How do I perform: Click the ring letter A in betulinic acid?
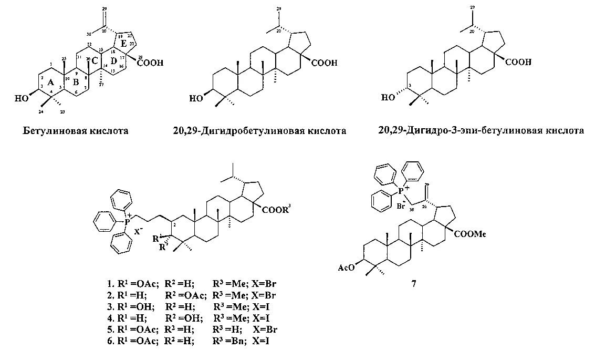50,83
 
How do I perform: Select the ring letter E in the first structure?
123,44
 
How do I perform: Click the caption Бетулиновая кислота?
76,130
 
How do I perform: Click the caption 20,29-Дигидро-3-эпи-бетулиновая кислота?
481,130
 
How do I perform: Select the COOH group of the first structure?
151,63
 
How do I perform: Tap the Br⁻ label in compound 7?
400,206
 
